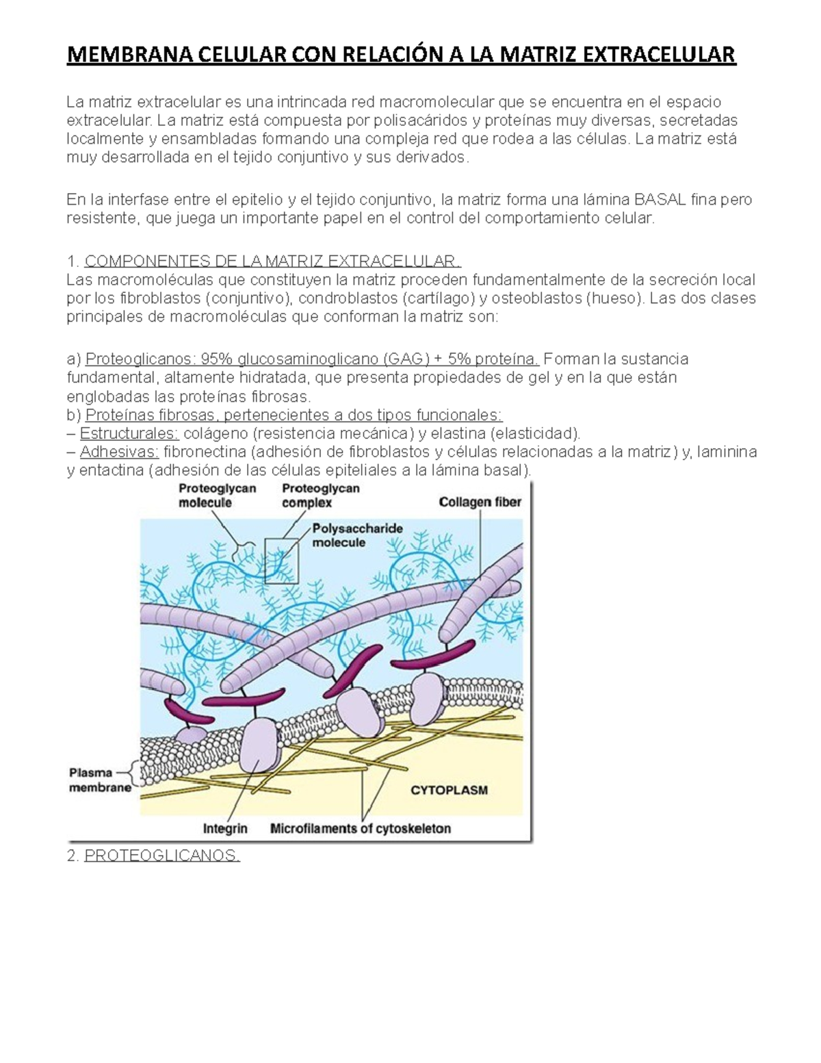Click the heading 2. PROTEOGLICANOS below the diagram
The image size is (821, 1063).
click(161, 856)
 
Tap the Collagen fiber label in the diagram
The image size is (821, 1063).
click(480, 502)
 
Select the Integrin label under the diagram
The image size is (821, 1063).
click(225, 828)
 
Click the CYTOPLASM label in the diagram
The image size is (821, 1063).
click(449, 790)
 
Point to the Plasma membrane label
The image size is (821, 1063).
click(100, 780)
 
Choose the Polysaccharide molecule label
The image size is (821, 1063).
click(357, 535)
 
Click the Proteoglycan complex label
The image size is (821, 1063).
click(320, 496)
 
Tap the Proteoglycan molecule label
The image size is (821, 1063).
click(217, 496)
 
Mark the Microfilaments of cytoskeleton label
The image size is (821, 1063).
click(361, 828)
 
